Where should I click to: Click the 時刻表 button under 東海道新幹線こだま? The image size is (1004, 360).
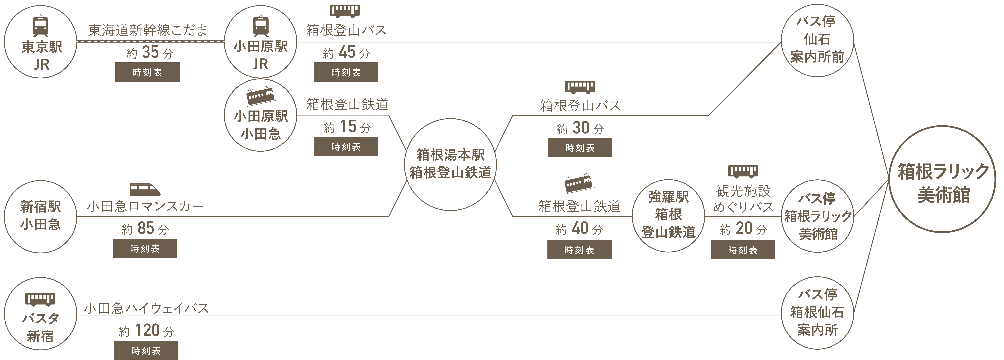tap(147, 72)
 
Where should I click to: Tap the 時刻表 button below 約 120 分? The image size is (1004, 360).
tap(146, 350)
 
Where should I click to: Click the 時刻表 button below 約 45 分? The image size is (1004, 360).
tap(346, 72)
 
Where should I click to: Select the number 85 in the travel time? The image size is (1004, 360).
tap(146, 228)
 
